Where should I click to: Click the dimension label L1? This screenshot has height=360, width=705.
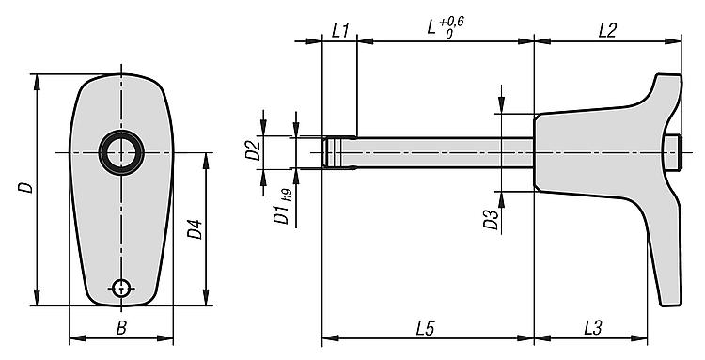(340, 31)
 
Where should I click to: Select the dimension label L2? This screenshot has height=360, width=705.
(607, 31)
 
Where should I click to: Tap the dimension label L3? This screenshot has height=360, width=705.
(593, 328)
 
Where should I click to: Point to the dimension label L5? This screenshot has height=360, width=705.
(425, 328)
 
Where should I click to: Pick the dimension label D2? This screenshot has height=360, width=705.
(253, 150)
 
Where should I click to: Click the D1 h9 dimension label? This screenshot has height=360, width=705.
(282, 207)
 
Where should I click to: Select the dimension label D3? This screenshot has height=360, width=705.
(492, 220)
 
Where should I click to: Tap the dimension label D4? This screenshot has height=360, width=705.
(196, 228)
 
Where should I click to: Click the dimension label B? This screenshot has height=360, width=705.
(121, 328)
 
